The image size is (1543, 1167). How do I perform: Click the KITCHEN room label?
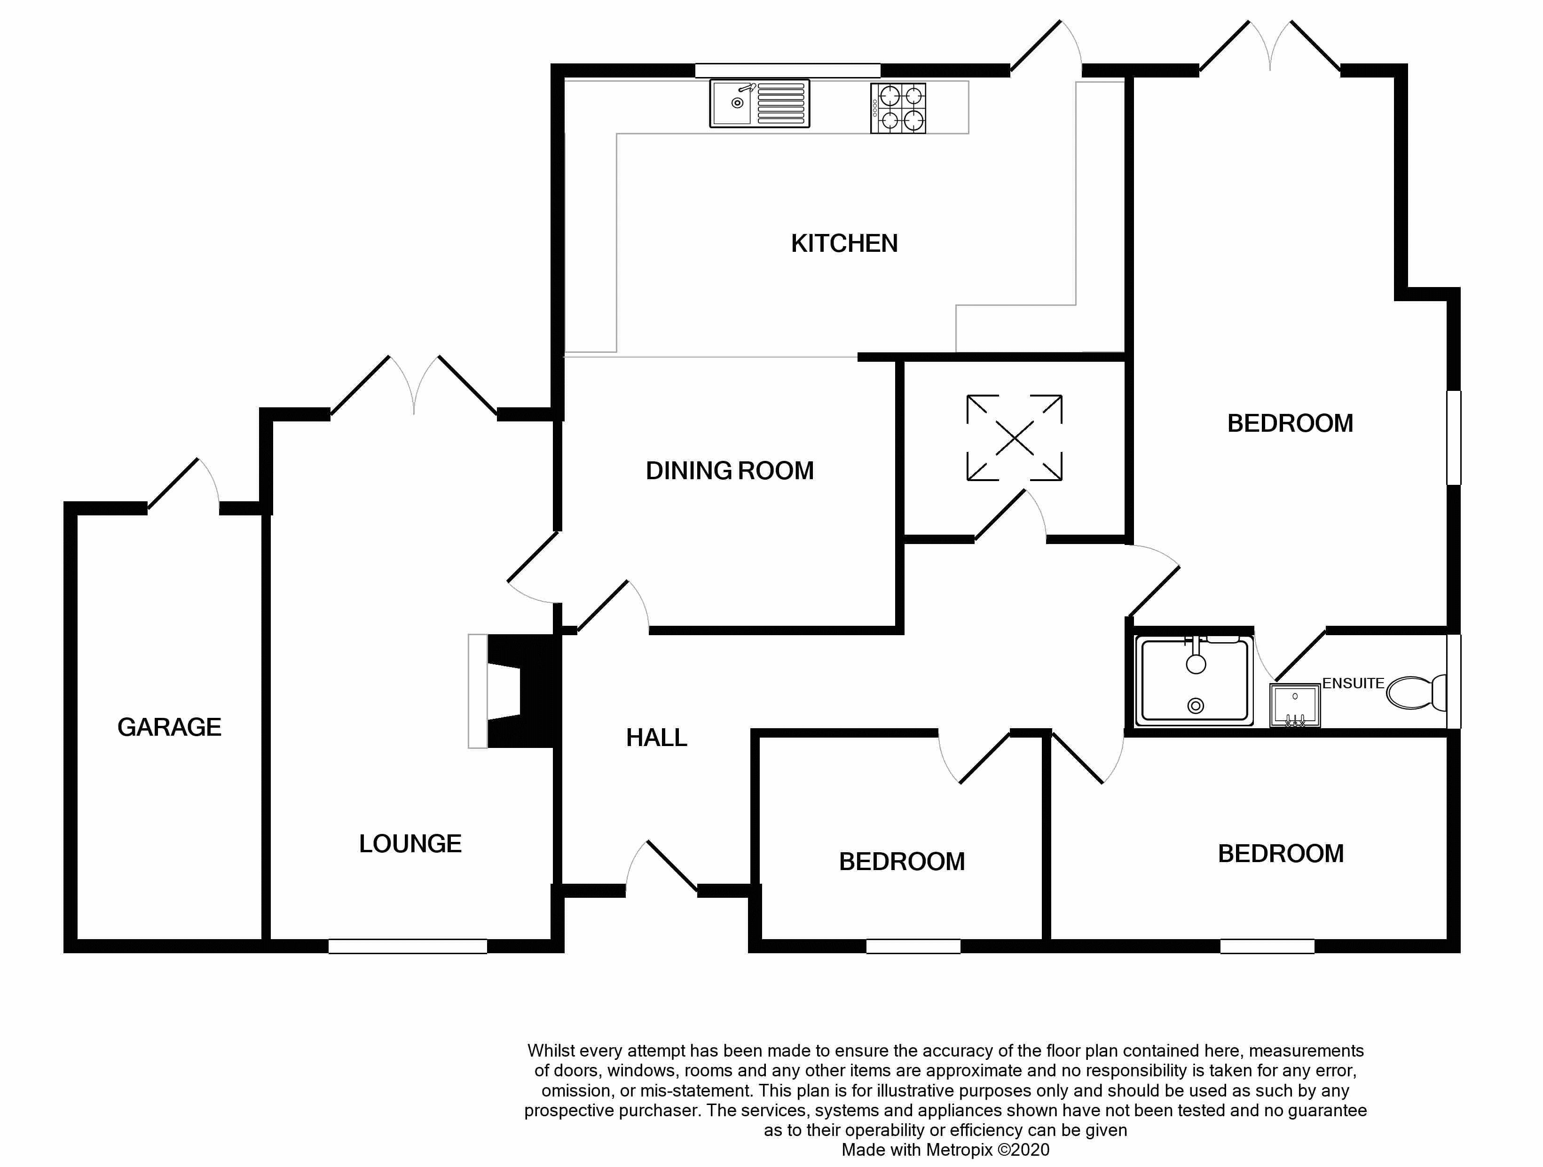tap(844, 243)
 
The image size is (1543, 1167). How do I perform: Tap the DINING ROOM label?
tap(730, 471)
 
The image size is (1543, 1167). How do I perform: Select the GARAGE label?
tap(170, 727)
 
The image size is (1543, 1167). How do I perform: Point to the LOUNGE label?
tap(410, 843)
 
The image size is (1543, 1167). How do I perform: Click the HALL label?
tap(656, 738)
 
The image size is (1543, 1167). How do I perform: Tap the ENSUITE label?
tap(1353, 683)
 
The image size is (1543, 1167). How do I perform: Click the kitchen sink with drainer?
tap(760, 103)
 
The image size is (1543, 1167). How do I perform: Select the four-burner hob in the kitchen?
tap(898, 108)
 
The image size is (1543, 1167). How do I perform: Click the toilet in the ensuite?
tap(1416, 692)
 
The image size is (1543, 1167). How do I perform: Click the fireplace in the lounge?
tap(515, 691)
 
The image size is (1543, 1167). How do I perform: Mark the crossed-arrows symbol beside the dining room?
tap(1014, 438)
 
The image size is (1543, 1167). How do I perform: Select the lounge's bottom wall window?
tap(407, 946)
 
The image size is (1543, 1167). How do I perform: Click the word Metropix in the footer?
tap(959, 1150)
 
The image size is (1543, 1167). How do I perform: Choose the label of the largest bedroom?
tap(1290, 423)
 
